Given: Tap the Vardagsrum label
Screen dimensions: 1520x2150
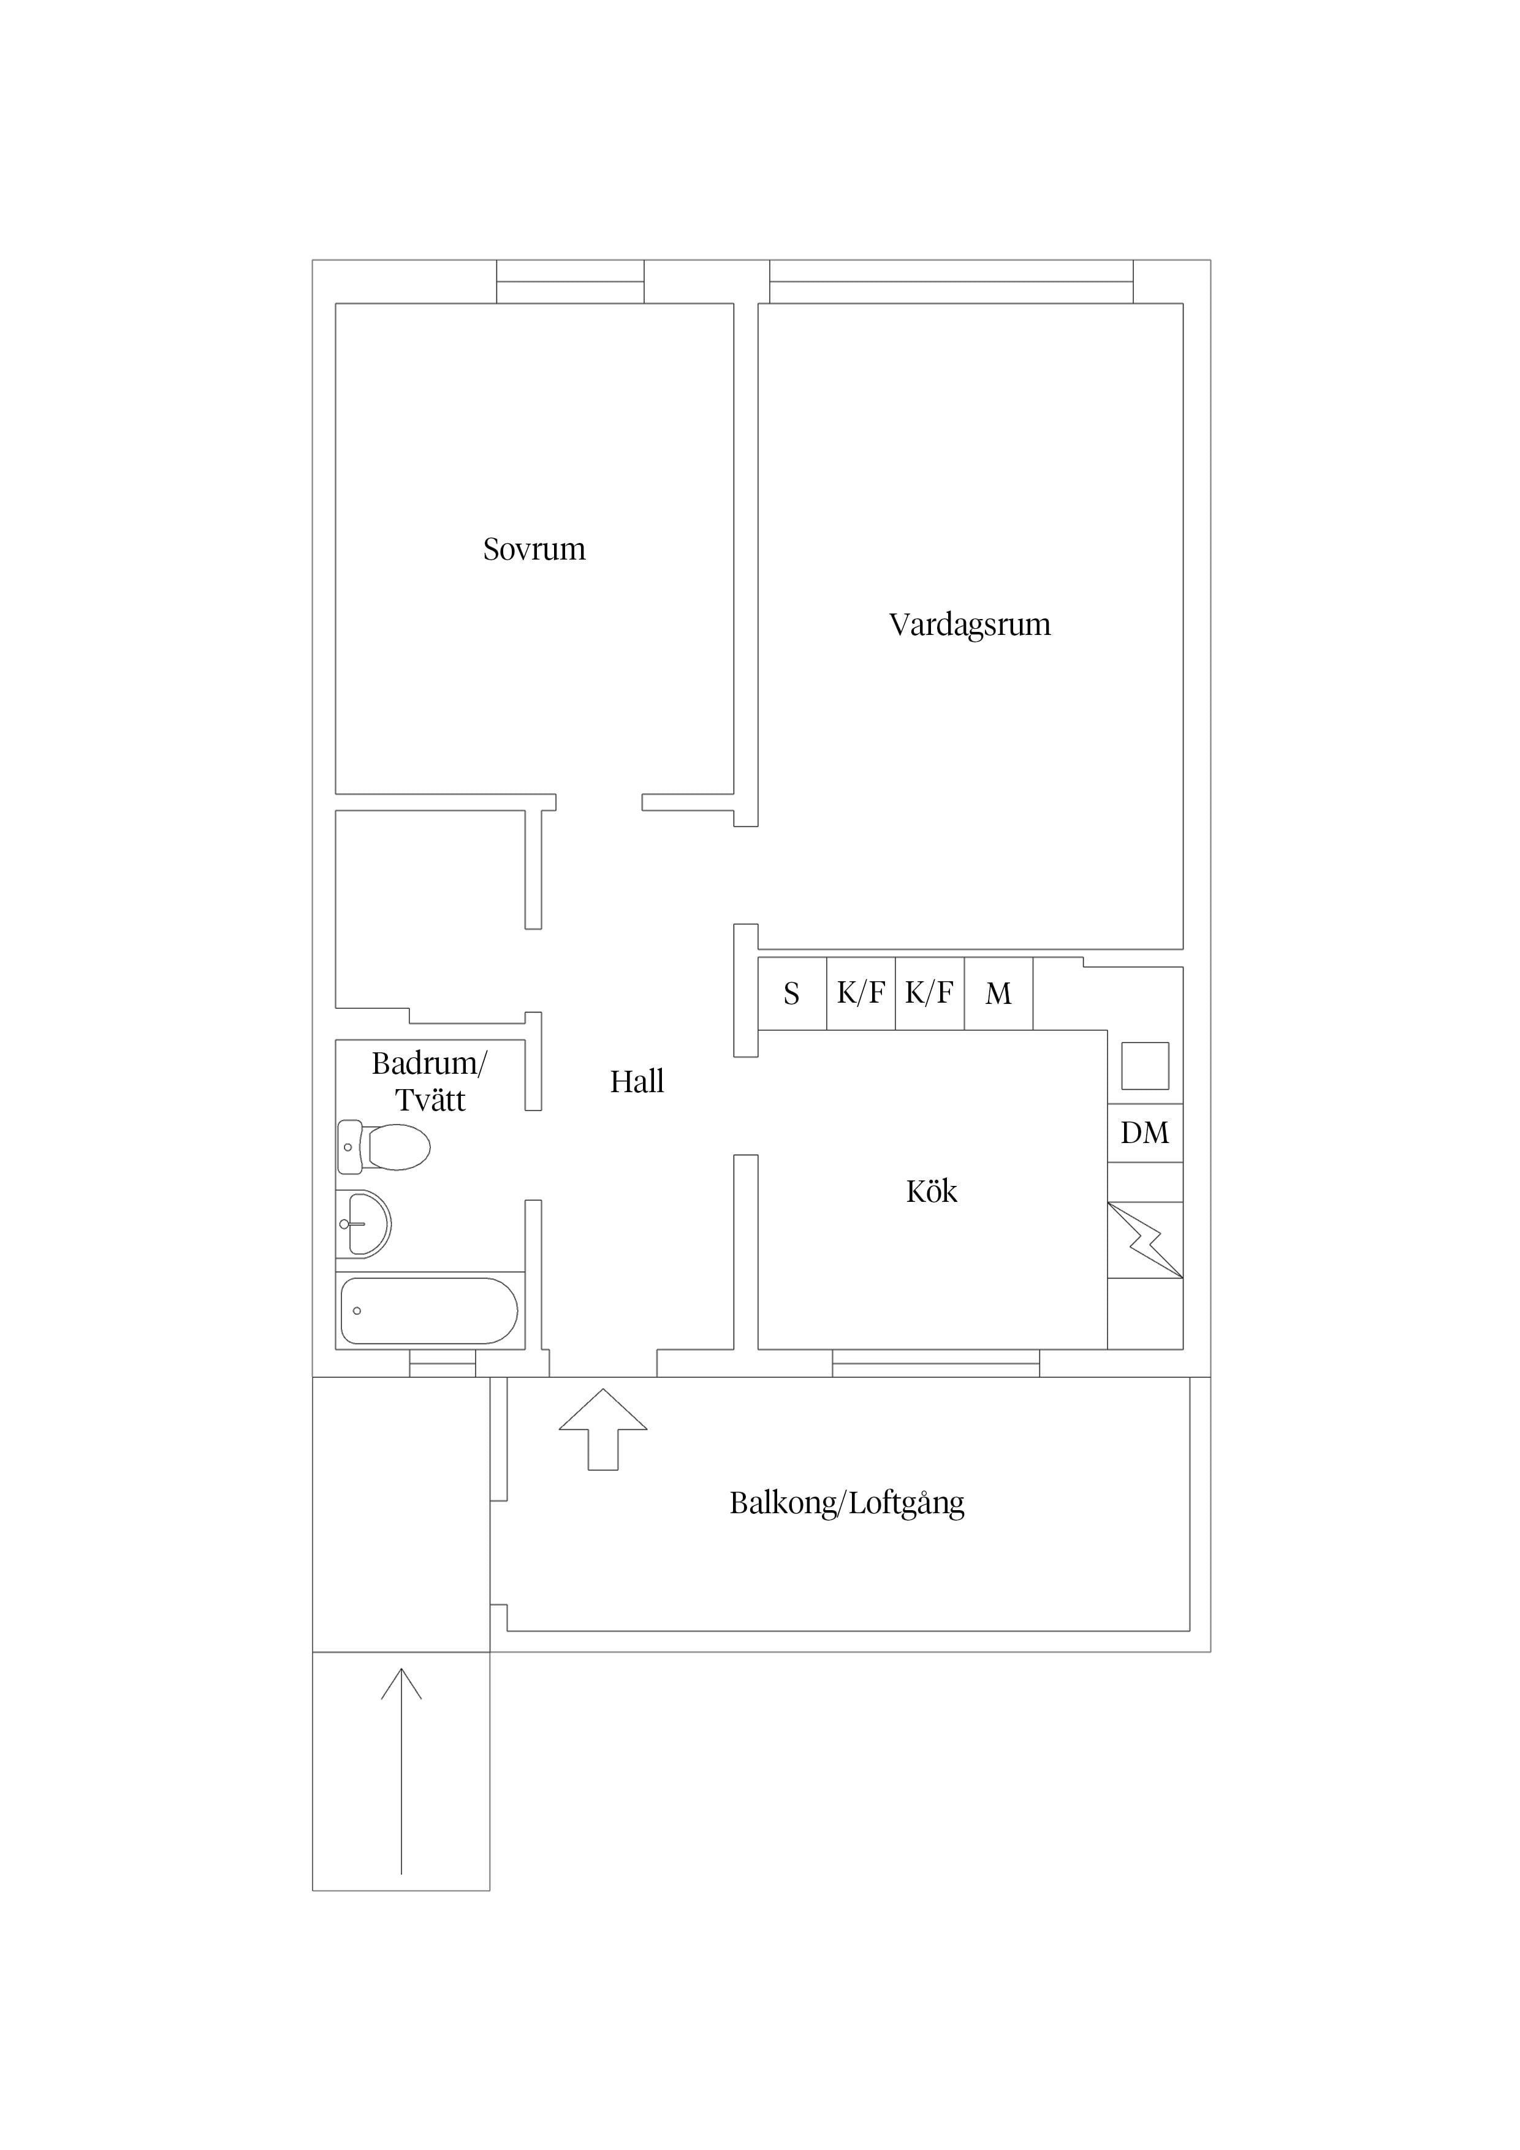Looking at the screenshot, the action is click(970, 625).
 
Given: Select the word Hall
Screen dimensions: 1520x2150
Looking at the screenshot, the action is click(637, 1082).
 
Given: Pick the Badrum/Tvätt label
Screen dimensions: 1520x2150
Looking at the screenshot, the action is click(430, 1082).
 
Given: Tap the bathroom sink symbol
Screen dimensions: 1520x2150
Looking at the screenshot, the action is click(363, 1224).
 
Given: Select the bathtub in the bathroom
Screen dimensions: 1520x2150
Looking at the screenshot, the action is click(429, 1311).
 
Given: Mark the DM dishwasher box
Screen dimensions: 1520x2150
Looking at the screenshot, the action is click(1146, 1133).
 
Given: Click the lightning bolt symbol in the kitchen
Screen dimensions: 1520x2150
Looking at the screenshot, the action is click(1146, 1240).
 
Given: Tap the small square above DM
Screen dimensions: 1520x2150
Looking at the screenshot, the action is click(1146, 1066).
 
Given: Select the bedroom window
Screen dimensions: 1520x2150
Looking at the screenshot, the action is click(571, 282).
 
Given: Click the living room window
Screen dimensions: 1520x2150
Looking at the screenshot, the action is click(951, 282).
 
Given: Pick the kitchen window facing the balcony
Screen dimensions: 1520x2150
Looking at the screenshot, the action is click(936, 1364).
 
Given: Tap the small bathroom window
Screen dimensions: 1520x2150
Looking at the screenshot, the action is click(443, 1364).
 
